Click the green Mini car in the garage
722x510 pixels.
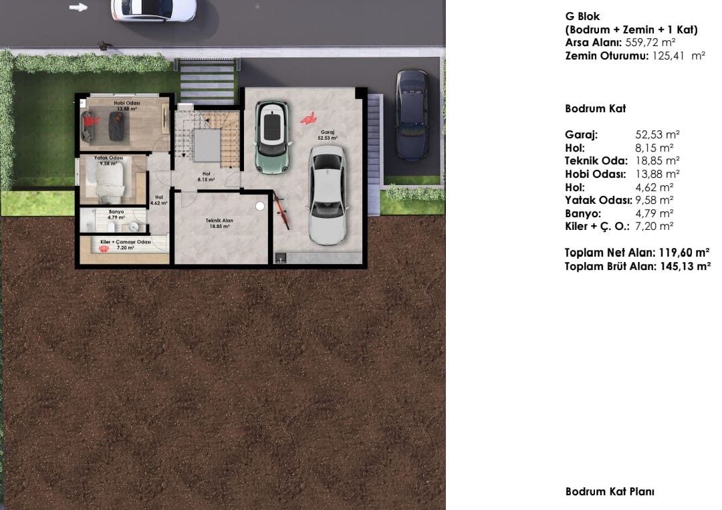tap(273, 137)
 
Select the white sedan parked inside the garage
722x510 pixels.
tap(328, 195)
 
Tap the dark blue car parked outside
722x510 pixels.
tap(411, 114)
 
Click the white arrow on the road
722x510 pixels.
tap(78, 7)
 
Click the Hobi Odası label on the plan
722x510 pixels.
tap(126, 106)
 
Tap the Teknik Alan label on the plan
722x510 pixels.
tap(220, 223)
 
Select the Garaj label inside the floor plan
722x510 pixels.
tap(328, 135)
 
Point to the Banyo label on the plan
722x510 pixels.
tap(116, 215)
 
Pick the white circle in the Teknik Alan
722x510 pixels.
tap(260, 207)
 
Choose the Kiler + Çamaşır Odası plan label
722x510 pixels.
tap(125, 245)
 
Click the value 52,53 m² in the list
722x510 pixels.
tap(658, 134)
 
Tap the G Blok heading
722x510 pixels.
tap(582, 17)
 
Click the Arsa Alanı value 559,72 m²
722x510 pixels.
tap(650, 43)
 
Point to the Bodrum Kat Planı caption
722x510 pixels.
tap(610, 491)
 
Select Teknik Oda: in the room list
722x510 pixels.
tap(596, 160)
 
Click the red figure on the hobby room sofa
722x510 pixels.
tap(91, 120)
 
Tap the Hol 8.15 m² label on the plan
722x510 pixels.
tap(206, 176)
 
